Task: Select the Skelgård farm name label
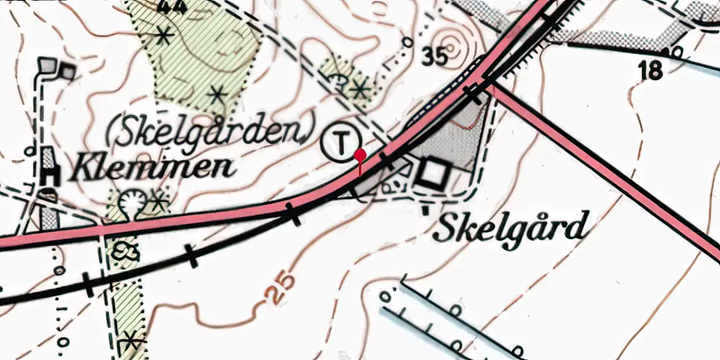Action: point(508,230)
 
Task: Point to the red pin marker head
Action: point(359,154)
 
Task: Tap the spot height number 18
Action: point(649,71)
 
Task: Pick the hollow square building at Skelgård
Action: point(434,174)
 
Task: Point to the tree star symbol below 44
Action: point(165,34)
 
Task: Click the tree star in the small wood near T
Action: point(359,90)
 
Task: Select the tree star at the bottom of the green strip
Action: point(130,338)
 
